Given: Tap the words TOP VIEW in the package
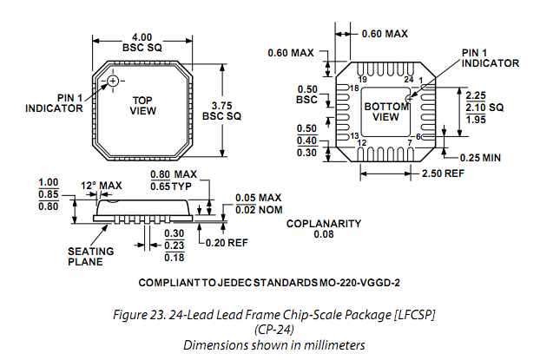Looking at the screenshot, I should pos(142,106).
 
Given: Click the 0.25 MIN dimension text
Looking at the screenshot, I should pos(479,157).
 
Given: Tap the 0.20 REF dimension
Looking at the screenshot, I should pos(228,243).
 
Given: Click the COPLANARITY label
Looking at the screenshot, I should pos(324,224).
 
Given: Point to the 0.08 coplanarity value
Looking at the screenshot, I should pos(324,234).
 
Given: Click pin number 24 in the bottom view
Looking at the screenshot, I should pos(408,80).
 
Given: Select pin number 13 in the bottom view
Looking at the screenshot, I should pos(355,136).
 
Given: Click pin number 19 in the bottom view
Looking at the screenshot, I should pos(361,80).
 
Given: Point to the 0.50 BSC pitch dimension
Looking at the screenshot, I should pos(306,95).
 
